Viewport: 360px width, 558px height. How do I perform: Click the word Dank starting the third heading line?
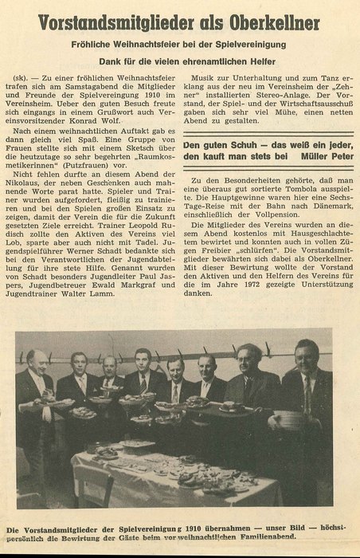click(111, 60)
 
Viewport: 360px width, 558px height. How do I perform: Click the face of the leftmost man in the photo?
click(37, 360)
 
